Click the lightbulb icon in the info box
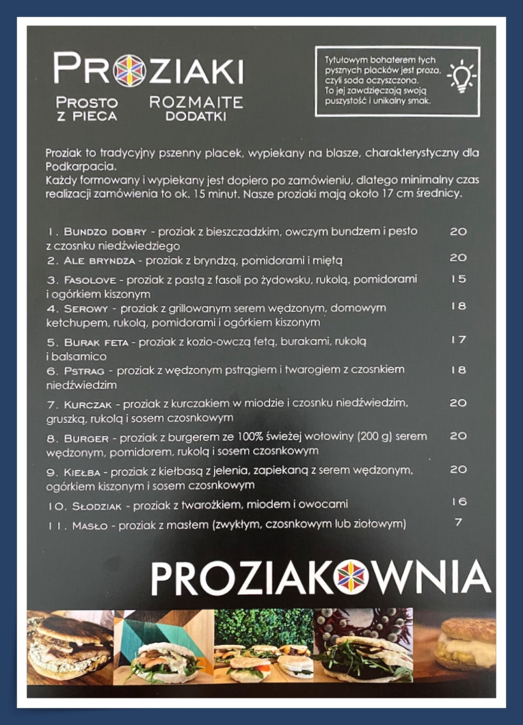pyautogui.click(x=461, y=76)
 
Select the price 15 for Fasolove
pyautogui.click(x=458, y=279)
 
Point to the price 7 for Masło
pyautogui.click(x=458, y=522)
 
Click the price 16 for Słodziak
pyautogui.click(x=458, y=502)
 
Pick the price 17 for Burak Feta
pyautogui.click(x=458, y=340)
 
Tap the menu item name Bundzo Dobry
pyautogui.click(x=105, y=232)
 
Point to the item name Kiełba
pyautogui.click(x=84, y=472)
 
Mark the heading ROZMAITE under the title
pyautogui.click(x=196, y=103)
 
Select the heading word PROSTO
pyautogui.click(x=87, y=103)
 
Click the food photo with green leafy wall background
pyautogui.click(x=263, y=646)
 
